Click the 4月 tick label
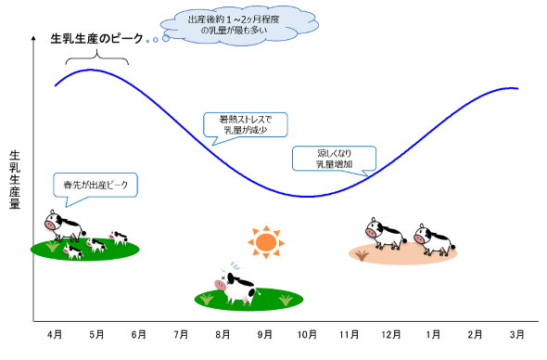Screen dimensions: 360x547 [x=55, y=333]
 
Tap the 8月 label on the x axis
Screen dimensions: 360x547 [x=223, y=333]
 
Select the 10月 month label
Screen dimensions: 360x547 [x=307, y=333]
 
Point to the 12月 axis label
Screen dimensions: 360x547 [x=391, y=333]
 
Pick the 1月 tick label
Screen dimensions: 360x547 [x=433, y=333]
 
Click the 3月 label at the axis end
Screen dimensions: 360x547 [x=517, y=333]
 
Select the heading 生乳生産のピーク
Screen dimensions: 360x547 [x=97, y=39]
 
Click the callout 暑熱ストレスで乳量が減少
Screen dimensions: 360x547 [x=247, y=126]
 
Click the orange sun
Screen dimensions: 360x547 [x=266, y=242]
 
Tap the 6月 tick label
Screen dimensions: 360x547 [x=139, y=333]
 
